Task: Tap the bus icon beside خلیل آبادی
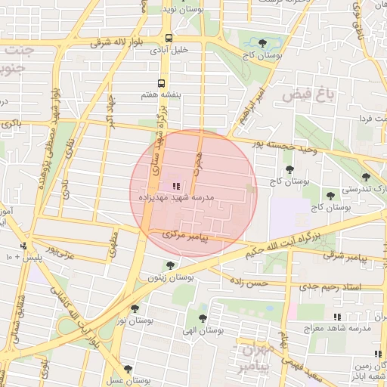[169, 37]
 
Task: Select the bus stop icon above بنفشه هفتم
[160, 84]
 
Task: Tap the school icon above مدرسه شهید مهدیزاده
[175, 186]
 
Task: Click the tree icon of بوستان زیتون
[169, 265]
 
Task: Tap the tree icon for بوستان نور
[135, 308]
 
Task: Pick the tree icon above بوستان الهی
[202, 317]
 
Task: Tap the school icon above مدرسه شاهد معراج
[337, 316]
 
